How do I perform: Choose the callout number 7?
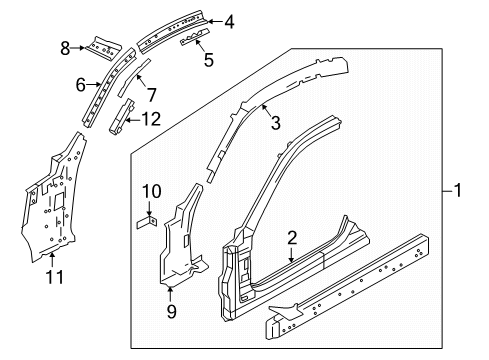[x=151, y=96]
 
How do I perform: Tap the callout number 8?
[x=65, y=46]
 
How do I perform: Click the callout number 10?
[x=150, y=190]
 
